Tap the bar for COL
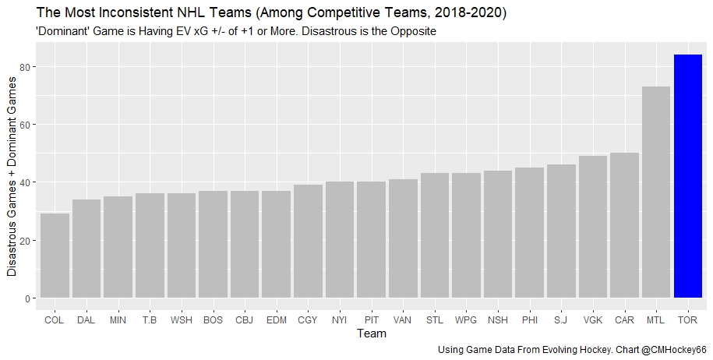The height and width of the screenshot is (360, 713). tap(55, 256)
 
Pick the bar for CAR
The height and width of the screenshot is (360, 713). tap(624, 225)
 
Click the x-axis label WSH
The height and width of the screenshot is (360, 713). tap(181, 319)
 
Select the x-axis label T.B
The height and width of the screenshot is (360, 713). tap(150, 319)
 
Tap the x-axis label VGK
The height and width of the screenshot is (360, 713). tap(592, 319)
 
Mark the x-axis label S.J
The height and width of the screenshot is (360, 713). tap(561, 319)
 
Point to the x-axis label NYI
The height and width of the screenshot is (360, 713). tap(339, 319)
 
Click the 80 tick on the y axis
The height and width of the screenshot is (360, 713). tap(24, 67)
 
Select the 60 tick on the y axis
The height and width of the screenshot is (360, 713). tap(24, 125)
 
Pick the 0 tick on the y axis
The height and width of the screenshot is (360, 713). tap(27, 298)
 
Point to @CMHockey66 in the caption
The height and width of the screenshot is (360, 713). tap(673, 350)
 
